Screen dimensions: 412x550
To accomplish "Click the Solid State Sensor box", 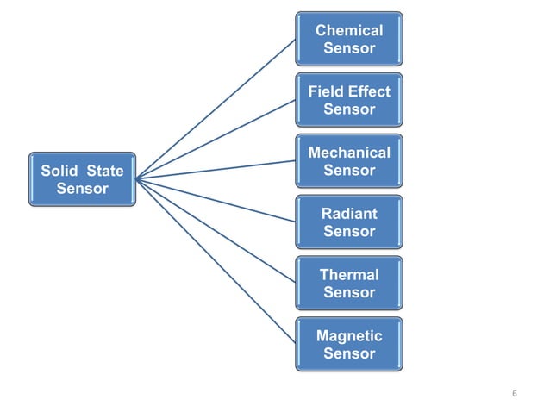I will point(82,179).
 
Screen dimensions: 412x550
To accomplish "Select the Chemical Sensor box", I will point(348,39).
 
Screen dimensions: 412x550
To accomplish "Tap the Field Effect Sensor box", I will point(348,100).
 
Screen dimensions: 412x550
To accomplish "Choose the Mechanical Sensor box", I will point(348,161).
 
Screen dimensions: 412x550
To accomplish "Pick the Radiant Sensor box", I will point(348,222).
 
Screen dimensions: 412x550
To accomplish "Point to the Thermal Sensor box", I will point(348,283).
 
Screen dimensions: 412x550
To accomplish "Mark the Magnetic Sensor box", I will point(348,344).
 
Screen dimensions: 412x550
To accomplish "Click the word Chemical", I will point(348,30).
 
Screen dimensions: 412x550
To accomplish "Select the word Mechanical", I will point(348,153).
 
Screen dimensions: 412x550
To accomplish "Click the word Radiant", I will point(348,213).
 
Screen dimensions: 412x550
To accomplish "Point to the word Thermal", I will point(348,274).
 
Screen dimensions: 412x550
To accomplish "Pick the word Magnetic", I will point(348,335).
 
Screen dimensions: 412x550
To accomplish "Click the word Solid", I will point(59,171).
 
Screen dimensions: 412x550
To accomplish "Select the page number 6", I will point(515,394).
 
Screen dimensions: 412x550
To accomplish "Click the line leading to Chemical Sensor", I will point(216,109).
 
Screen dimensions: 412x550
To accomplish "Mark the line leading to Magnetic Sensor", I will point(216,260).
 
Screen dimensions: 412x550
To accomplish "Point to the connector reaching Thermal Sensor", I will point(216,231).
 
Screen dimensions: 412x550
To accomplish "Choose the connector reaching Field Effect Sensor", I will point(216,140).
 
